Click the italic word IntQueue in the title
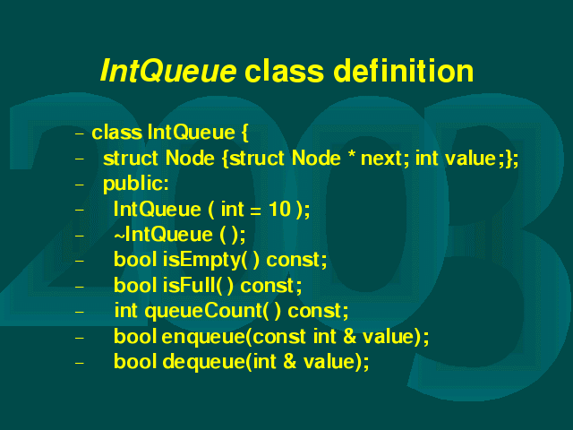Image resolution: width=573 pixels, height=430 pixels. click(x=168, y=71)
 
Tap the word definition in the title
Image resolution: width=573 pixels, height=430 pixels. click(x=404, y=70)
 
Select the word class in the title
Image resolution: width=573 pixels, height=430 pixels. click(x=284, y=70)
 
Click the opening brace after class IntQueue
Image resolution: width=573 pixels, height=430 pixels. click(x=244, y=133)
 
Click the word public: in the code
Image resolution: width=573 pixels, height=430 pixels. click(x=136, y=185)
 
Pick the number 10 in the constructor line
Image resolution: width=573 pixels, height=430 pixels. click(x=279, y=209)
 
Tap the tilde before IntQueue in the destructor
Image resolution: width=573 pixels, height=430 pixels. click(x=119, y=236)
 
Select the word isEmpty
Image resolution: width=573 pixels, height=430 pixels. click(x=201, y=261)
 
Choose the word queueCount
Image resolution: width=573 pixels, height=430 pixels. click(x=203, y=312)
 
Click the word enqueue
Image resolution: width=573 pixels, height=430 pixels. click(x=203, y=337)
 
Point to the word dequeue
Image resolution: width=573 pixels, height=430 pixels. click(x=204, y=362)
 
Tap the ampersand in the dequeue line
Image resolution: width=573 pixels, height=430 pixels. click(x=289, y=362)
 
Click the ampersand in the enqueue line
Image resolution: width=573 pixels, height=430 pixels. click(x=350, y=337)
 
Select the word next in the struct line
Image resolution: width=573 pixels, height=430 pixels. click(x=381, y=159)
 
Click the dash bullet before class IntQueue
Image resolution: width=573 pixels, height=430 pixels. click(x=80, y=133)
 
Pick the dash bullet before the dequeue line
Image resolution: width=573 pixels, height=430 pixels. click(x=80, y=364)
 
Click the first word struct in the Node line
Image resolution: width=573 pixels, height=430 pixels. click(x=131, y=159)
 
